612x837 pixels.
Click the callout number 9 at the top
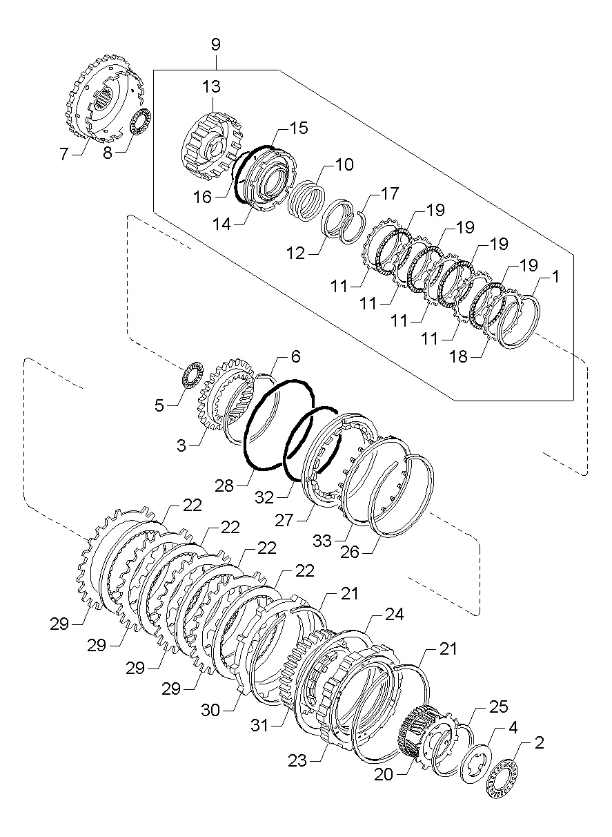pos(215,45)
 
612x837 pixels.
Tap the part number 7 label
pos(64,154)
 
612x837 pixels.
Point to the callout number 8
pos(107,153)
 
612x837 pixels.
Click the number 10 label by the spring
pos(344,164)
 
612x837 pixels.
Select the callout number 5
pos(159,405)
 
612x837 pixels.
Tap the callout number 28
pos(224,486)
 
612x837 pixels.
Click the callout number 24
pos(394,613)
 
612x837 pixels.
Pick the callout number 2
pos(538,743)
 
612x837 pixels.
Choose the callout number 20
pos(384,774)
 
